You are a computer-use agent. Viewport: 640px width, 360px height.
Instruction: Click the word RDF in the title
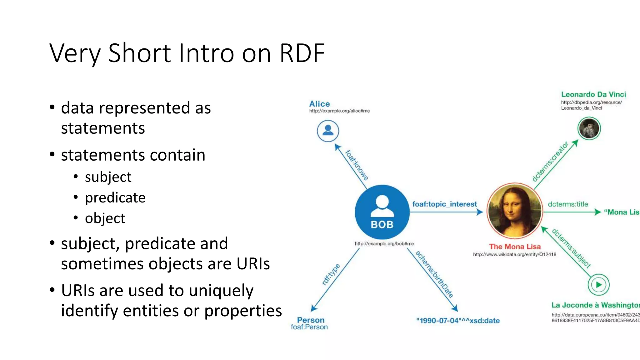tap(302, 53)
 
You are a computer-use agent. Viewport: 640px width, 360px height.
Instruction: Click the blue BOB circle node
tap(382, 212)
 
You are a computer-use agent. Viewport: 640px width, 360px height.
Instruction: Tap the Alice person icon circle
tap(328, 131)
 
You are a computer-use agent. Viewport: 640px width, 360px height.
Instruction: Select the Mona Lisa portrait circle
tap(515, 211)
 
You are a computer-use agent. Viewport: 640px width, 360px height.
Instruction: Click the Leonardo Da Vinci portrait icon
tap(589, 128)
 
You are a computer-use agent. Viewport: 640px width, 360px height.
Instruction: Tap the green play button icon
tap(598, 285)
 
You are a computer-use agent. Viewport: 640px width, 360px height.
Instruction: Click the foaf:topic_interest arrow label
tap(444, 204)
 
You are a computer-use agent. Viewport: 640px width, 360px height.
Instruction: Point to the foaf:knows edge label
tap(357, 165)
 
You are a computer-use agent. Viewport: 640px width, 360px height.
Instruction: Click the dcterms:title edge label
tap(568, 204)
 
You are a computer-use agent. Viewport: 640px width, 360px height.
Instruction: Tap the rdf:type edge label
tap(331, 274)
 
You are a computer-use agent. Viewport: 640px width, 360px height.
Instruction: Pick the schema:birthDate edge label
tap(434, 274)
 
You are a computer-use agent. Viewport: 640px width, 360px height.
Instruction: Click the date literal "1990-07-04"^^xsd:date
tap(458, 321)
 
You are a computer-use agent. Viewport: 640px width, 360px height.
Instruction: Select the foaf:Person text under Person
tap(309, 327)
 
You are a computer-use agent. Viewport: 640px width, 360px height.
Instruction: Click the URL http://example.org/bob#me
tap(384, 243)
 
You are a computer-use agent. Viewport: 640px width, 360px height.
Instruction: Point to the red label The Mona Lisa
tap(515, 247)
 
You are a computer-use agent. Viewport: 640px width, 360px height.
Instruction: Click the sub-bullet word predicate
tap(115, 198)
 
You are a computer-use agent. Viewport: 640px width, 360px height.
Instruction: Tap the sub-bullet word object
tap(105, 218)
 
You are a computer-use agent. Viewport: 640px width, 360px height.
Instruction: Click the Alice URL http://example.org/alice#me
tap(339, 111)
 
